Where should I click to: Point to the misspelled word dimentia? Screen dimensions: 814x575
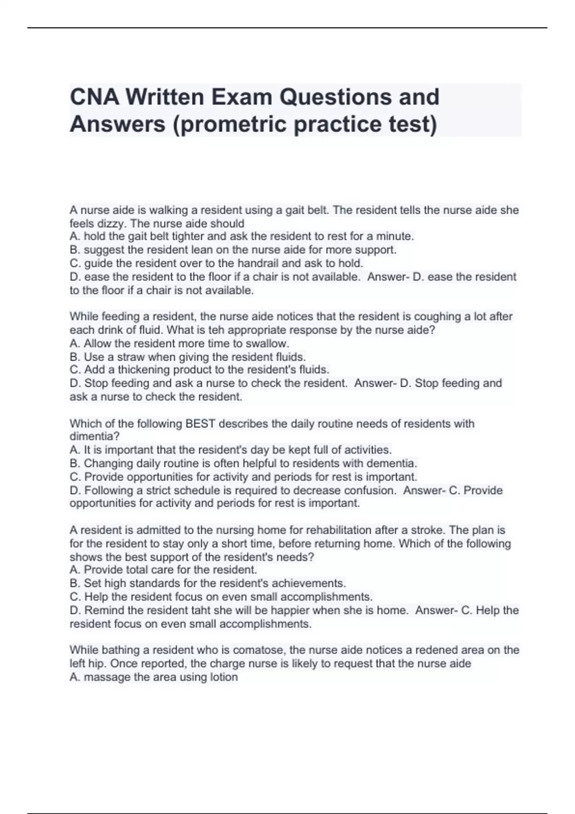click(x=94, y=436)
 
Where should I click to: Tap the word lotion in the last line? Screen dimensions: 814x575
click(x=223, y=677)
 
